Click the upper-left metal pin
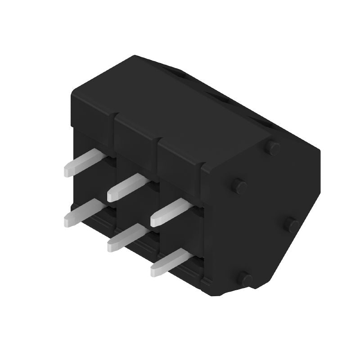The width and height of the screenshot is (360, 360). pos(85,163)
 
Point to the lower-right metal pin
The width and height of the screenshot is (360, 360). pos(171,262)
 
